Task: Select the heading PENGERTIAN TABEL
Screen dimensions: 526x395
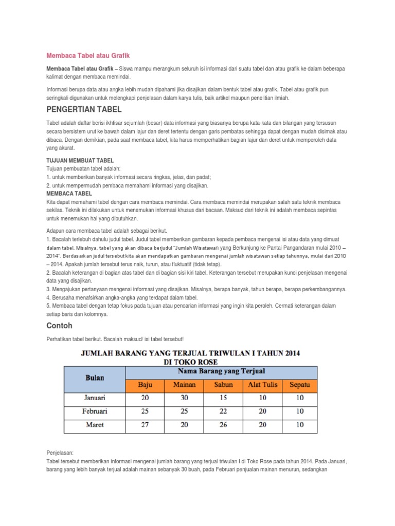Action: pyautogui.click(x=84, y=110)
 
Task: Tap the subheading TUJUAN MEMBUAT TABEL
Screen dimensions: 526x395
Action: pyautogui.click(x=80, y=161)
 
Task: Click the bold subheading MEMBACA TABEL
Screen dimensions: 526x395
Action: pyautogui.click(x=69, y=194)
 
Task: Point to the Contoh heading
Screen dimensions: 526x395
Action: pyautogui.click(x=59, y=326)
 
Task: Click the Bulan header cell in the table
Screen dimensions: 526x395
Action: pyautogui.click(x=94, y=378)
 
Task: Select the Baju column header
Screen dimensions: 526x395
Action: pyautogui.click(x=146, y=384)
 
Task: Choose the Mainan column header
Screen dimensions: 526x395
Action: pyautogui.click(x=184, y=384)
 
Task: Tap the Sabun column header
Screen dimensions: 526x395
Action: pyautogui.click(x=223, y=384)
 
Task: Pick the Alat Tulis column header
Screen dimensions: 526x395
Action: pyautogui.click(x=262, y=384)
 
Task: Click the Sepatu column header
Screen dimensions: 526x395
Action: pyautogui.click(x=300, y=384)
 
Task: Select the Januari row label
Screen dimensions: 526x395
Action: pyautogui.click(x=94, y=398)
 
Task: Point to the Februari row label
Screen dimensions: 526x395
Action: pyautogui.click(x=94, y=411)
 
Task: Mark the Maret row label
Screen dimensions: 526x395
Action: pyautogui.click(x=94, y=425)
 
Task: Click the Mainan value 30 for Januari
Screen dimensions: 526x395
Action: pyautogui.click(x=184, y=398)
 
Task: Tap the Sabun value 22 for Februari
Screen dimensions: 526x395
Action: pyautogui.click(x=223, y=411)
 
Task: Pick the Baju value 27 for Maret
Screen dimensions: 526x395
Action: pyautogui.click(x=146, y=425)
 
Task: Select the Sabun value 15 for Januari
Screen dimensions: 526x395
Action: pyautogui.click(x=223, y=398)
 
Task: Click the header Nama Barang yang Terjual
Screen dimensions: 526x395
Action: pyautogui.click(x=221, y=371)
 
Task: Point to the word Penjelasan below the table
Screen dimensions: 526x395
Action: pyautogui.click(x=60, y=453)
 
